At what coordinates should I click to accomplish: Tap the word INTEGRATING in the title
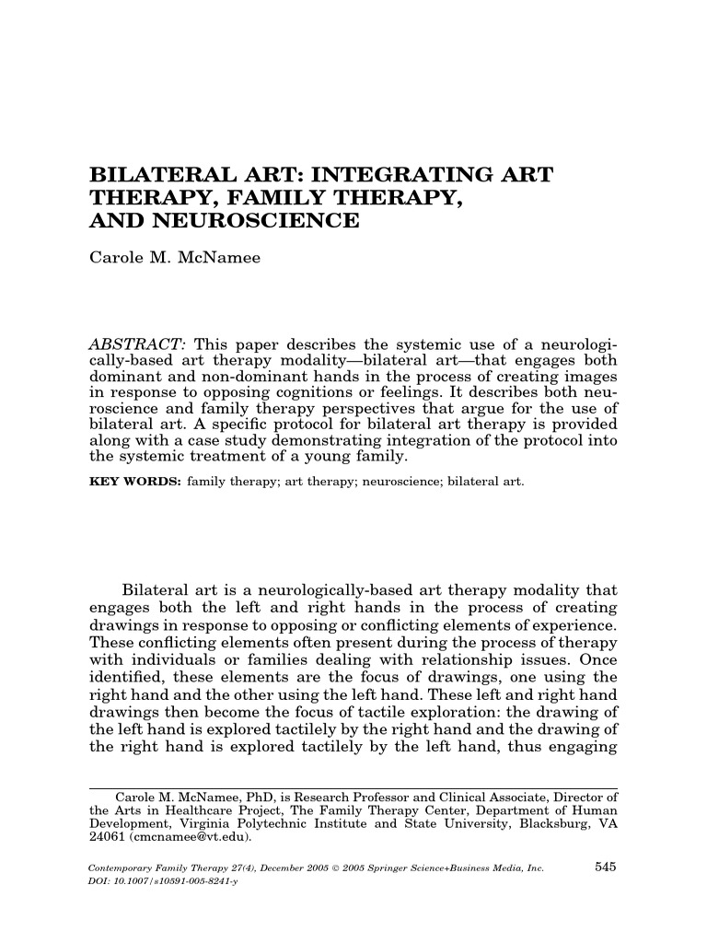click(417, 175)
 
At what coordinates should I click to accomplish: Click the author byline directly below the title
click(174, 259)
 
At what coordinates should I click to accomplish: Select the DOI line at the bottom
click(162, 881)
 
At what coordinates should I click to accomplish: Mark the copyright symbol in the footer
click(340, 867)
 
